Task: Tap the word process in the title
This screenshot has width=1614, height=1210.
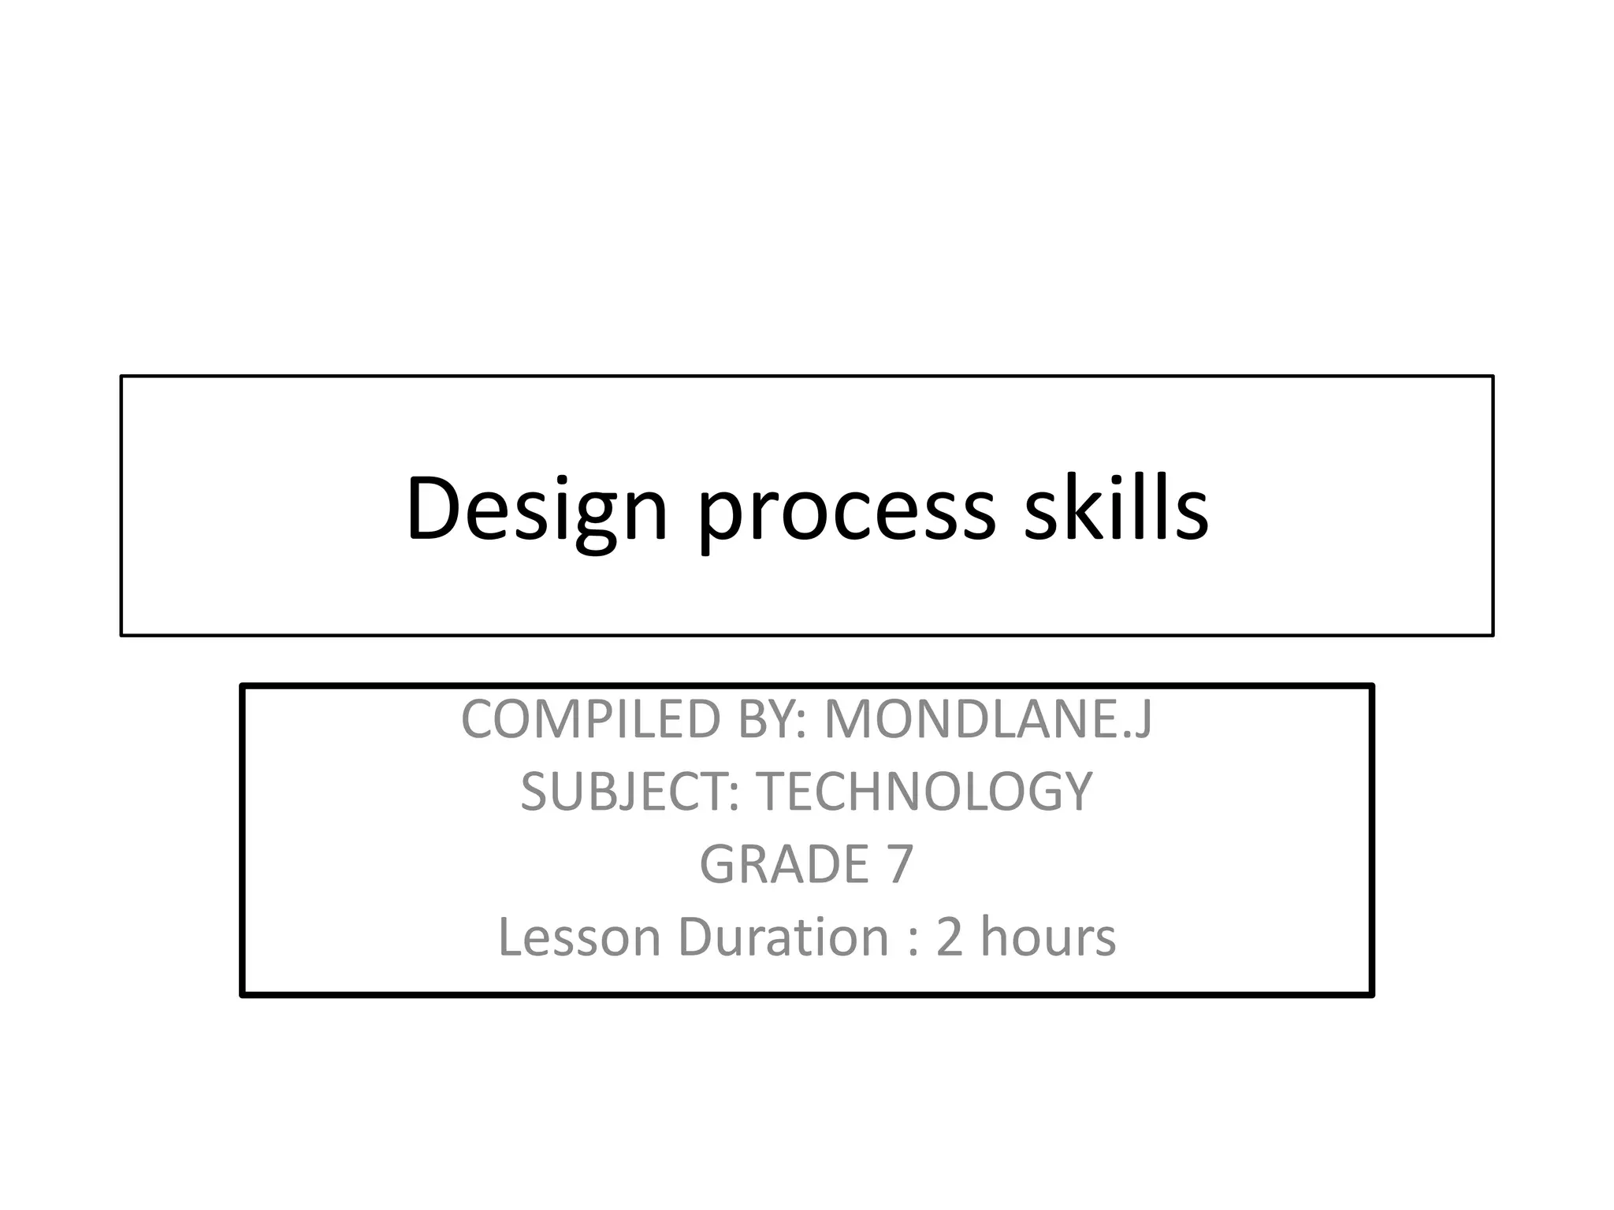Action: (x=846, y=512)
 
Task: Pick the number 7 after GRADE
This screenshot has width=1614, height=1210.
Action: (x=901, y=864)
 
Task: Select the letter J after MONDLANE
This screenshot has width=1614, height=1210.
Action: (x=1142, y=720)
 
